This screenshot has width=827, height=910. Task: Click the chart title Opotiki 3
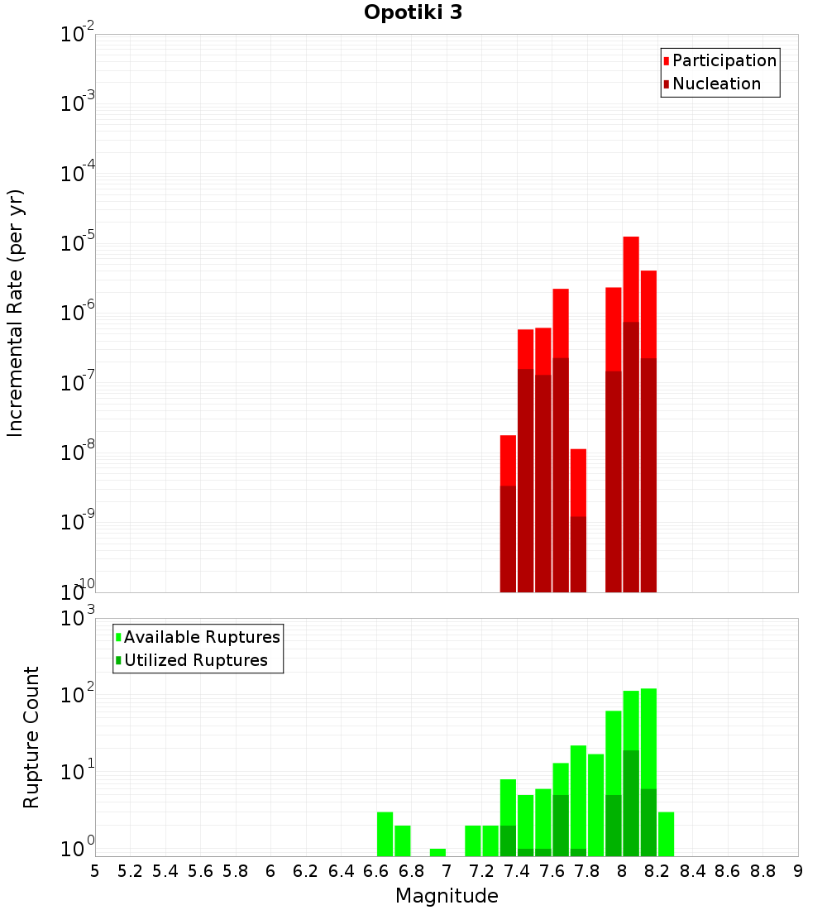point(413,12)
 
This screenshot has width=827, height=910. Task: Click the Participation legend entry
point(719,60)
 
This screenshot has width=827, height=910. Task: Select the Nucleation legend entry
point(711,84)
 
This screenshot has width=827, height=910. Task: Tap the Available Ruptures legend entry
point(198,637)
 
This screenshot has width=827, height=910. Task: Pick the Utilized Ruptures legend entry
point(192,660)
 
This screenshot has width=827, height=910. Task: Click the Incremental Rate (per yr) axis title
point(15,314)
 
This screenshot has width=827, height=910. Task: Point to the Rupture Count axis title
point(31,737)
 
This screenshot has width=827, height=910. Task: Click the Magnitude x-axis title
point(447,895)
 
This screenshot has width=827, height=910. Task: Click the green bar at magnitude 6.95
point(437,853)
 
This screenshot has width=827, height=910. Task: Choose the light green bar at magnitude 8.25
point(667,834)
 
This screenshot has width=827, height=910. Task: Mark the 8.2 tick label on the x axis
point(657,871)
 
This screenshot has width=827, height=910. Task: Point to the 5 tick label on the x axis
point(95,871)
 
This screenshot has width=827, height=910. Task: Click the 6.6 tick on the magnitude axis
point(376,871)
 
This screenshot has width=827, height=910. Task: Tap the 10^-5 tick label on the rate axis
point(78,242)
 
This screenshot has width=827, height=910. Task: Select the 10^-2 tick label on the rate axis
point(78,32)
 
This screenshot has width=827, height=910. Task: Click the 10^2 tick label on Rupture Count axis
point(78,693)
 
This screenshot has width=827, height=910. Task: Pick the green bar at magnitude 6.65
point(385,834)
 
